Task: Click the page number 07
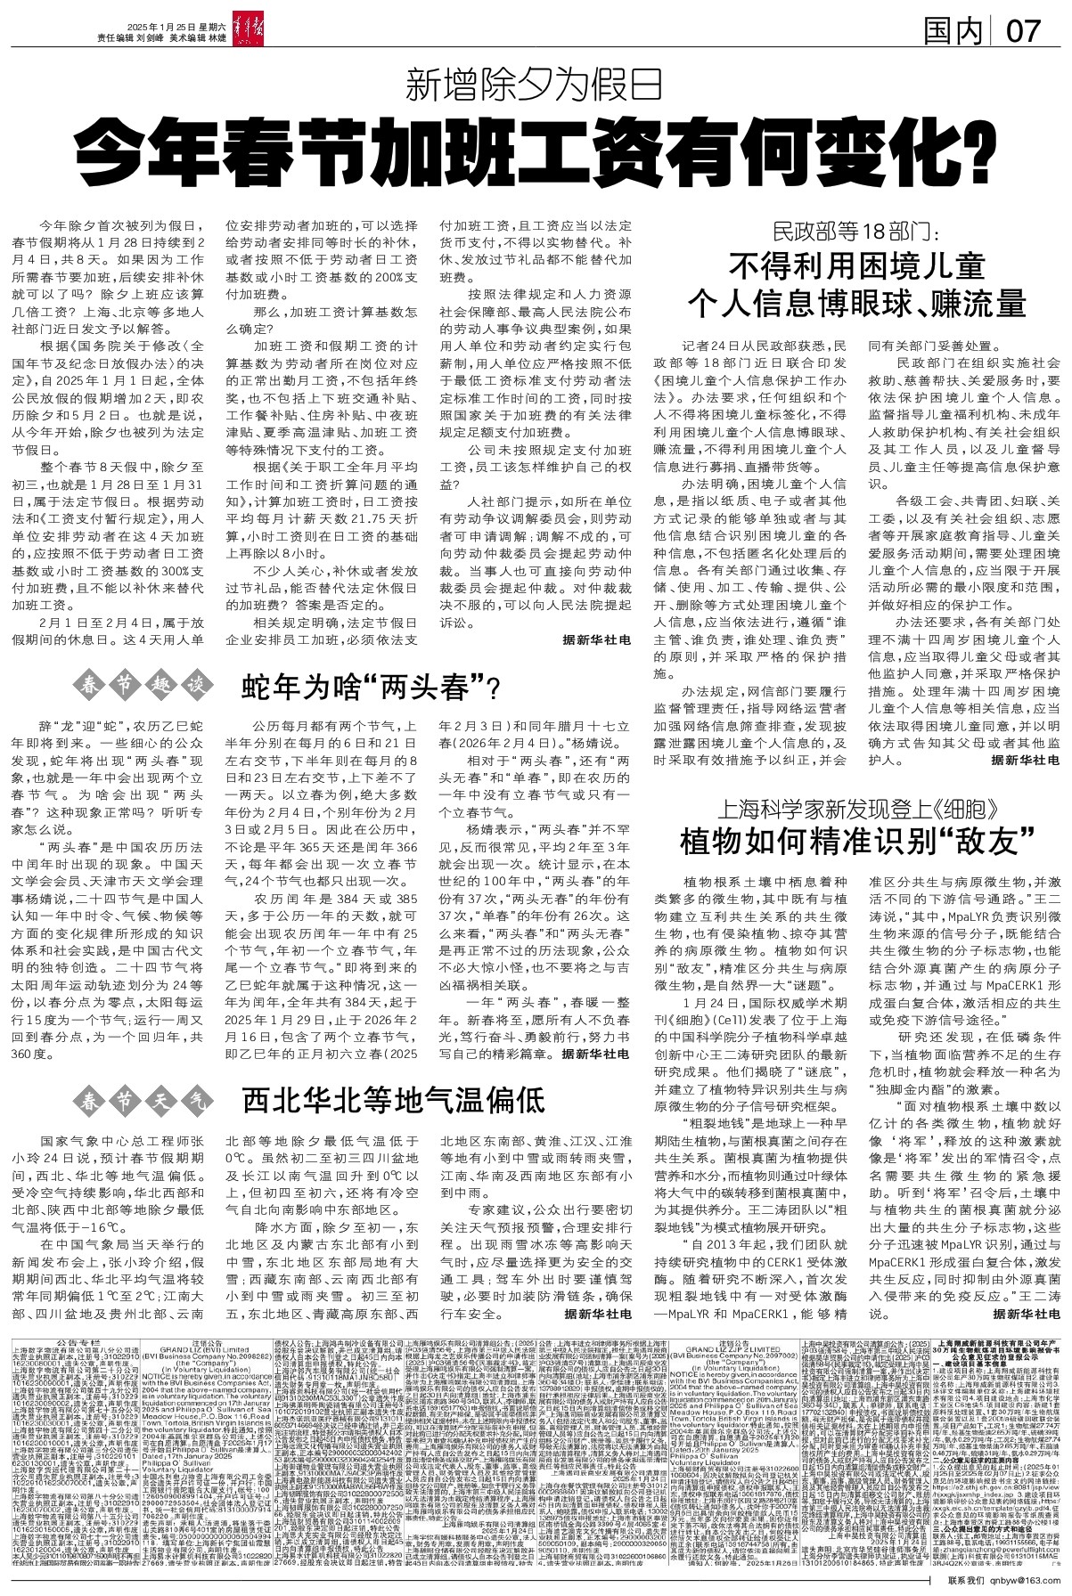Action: [x=1021, y=32]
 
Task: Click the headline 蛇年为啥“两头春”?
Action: [x=372, y=687]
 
